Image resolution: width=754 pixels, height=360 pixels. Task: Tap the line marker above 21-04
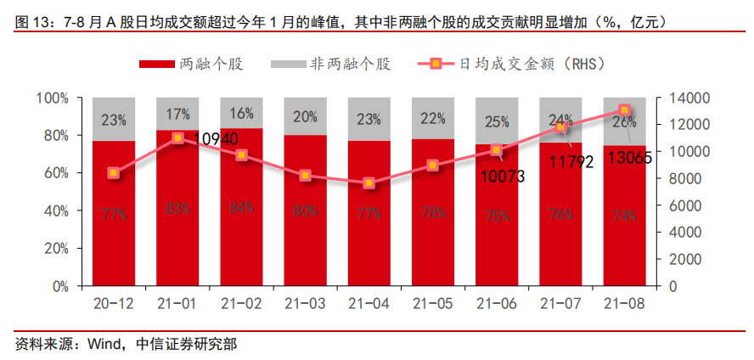click(369, 183)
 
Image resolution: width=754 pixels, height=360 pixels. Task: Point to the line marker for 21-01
click(177, 138)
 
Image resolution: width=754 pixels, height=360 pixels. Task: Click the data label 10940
click(216, 138)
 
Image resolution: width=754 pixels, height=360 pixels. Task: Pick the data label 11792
click(570, 162)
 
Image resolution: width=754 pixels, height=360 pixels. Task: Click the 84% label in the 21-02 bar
click(241, 208)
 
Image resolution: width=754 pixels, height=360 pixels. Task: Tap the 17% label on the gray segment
click(177, 115)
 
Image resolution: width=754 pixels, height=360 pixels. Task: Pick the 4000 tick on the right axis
click(684, 233)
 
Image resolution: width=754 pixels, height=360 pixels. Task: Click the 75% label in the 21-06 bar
click(497, 216)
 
